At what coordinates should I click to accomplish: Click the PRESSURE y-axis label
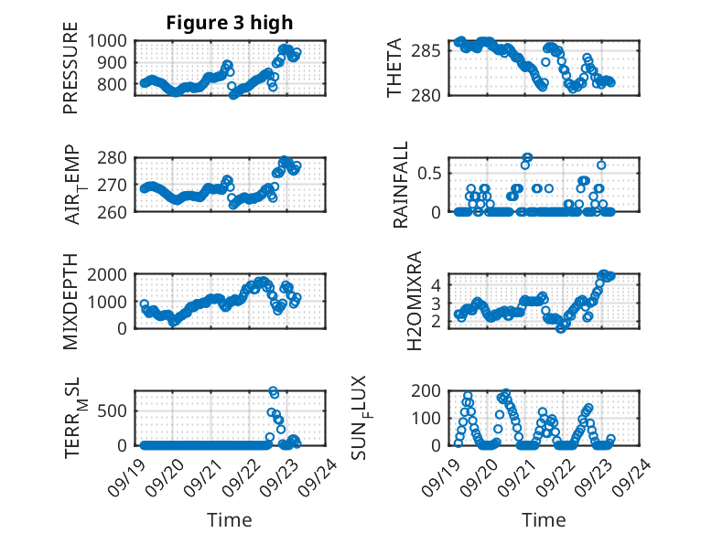coord(70,75)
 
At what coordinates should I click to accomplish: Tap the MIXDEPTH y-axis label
coord(70,302)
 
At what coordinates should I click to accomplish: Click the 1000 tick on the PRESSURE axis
coord(113,40)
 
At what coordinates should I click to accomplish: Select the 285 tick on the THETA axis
coord(437,51)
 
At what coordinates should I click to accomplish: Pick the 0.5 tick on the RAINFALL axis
coord(436,173)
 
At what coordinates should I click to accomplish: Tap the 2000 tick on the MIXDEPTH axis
coord(113,274)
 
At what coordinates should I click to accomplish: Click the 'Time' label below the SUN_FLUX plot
coord(544,520)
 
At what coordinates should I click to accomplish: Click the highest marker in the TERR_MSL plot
coord(273,391)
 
